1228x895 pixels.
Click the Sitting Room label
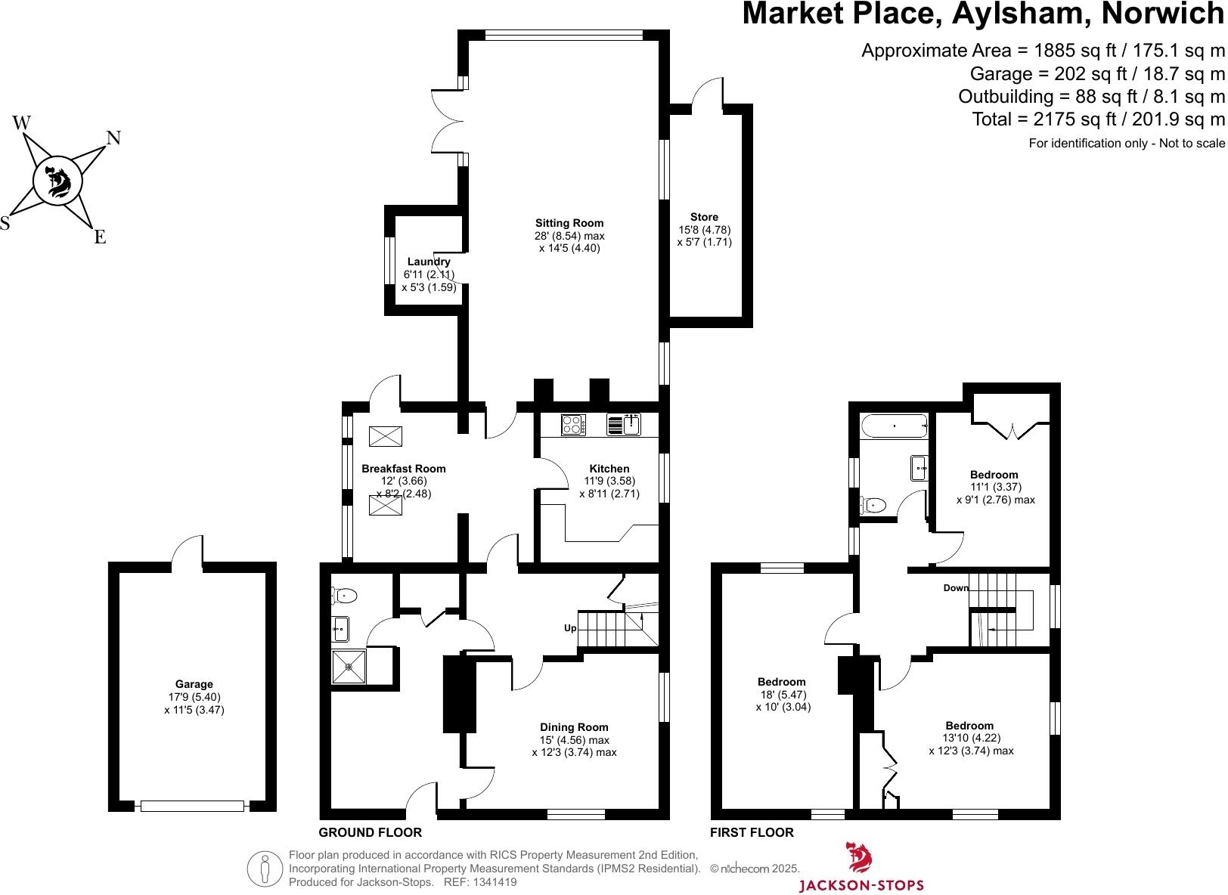[x=569, y=223]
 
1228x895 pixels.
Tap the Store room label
[x=704, y=217]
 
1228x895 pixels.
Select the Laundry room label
[x=429, y=262]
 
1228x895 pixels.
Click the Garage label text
[x=194, y=684]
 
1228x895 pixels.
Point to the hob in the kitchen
[x=574, y=426]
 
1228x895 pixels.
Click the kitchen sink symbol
[x=624, y=426]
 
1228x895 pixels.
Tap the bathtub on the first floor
[x=894, y=426]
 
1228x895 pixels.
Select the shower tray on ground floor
[x=349, y=667]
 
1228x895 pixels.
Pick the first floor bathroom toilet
[x=874, y=504]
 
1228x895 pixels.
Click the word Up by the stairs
[x=570, y=628]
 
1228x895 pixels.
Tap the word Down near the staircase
[x=956, y=588]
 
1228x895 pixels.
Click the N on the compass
[x=113, y=138]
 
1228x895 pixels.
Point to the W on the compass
[x=22, y=122]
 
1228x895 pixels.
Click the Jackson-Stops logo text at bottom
[x=861, y=885]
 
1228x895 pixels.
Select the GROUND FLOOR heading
[x=370, y=832]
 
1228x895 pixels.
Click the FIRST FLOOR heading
[x=752, y=832]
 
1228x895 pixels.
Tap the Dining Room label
[x=574, y=727]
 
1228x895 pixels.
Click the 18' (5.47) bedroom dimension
[x=783, y=695]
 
